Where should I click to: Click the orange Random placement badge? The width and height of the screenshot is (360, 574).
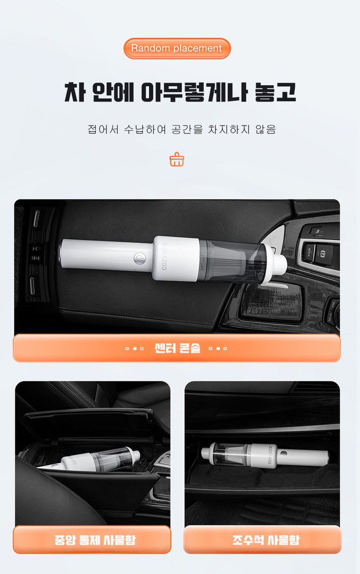[x=177, y=48]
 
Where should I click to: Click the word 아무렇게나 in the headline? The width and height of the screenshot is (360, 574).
[x=194, y=92]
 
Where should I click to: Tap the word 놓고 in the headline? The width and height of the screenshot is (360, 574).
[x=275, y=92]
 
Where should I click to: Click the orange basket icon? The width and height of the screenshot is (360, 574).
[x=177, y=159]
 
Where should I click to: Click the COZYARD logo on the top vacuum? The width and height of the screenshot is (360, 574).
[x=164, y=256]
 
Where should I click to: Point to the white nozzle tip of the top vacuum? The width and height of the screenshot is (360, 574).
[x=280, y=264]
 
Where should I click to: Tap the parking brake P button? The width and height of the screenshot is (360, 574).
[x=323, y=254]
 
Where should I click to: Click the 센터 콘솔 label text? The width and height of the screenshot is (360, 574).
[x=177, y=348]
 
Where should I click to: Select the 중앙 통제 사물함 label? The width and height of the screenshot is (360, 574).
[x=95, y=539]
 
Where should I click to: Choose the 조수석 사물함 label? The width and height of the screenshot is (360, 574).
[x=266, y=539]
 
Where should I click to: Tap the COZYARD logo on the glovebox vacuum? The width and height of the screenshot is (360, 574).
[x=270, y=455]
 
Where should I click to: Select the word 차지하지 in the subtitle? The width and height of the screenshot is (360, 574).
[x=228, y=129]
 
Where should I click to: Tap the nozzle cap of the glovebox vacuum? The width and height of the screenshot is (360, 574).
[x=206, y=453]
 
